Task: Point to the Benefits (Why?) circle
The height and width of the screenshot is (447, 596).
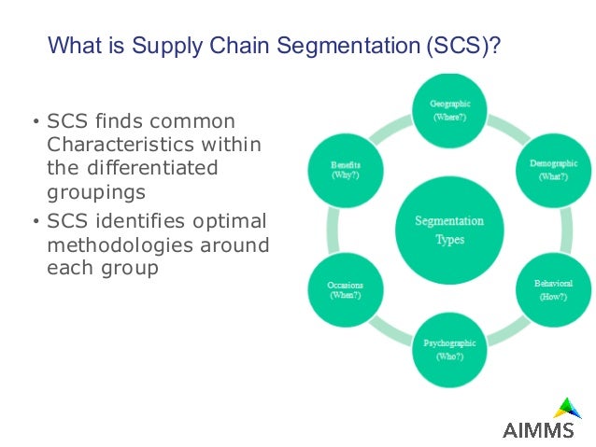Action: (345, 169)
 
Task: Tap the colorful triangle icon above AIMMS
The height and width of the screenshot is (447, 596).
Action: (566, 408)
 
